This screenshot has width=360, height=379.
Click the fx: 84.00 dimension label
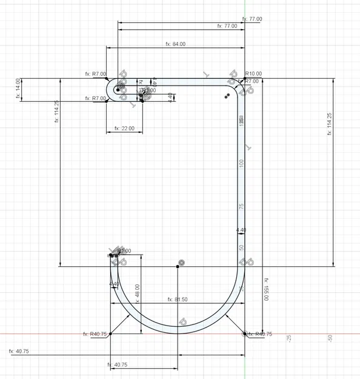(175, 44)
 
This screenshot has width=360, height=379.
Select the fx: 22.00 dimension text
(124, 129)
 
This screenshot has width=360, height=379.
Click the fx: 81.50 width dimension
(177, 300)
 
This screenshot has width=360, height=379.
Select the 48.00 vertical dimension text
(138, 294)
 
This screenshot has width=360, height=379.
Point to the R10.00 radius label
(253, 74)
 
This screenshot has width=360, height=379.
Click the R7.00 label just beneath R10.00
(252, 81)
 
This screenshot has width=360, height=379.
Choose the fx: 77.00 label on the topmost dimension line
(252, 19)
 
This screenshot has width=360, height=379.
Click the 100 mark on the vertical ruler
(241, 163)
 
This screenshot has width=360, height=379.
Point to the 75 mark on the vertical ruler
(241, 207)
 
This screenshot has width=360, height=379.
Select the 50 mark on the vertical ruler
(241, 248)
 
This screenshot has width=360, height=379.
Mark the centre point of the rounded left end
(118, 90)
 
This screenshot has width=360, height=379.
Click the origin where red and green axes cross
(245, 333)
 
